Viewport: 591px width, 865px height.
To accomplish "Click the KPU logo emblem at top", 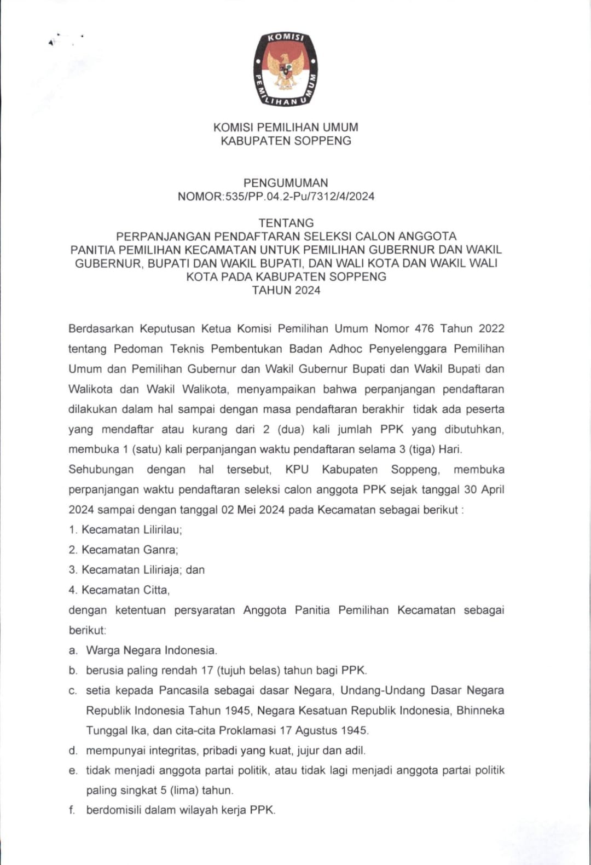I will [286, 69].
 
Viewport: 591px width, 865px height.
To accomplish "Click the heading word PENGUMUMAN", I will [286, 183].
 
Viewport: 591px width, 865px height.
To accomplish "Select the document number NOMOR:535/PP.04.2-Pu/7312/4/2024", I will [276, 197].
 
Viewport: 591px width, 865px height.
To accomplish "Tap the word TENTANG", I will [286, 223].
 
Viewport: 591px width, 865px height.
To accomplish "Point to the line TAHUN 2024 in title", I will [286, 290].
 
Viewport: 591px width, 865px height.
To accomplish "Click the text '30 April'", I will [484, 489].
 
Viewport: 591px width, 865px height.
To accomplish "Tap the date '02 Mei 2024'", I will [252, 510].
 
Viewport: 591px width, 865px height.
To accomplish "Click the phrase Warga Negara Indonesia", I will [151, 650].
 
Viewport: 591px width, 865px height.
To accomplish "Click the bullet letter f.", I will [72, 810].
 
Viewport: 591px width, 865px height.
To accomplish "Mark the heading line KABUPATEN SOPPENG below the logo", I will [286, 141].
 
